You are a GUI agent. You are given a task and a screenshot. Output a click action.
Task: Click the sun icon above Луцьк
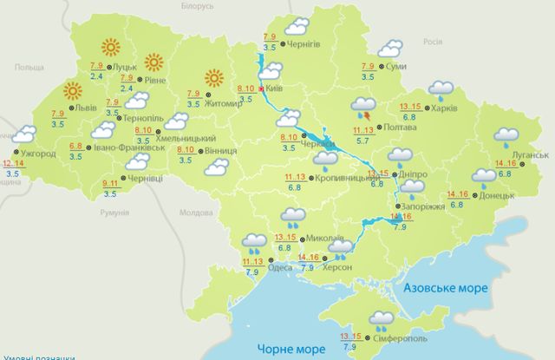[x=110, y=47]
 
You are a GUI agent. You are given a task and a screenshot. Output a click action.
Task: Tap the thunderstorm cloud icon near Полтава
[x=362, y=109]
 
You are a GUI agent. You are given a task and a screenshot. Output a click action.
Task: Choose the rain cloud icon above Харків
[x=441, y=89]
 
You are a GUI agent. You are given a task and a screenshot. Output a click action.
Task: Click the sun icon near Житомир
[x=214, y=78]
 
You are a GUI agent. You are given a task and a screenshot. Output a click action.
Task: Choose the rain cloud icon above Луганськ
[x=506, y=136]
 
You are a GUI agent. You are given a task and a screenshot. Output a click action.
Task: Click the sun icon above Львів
[x=72, y=90]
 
